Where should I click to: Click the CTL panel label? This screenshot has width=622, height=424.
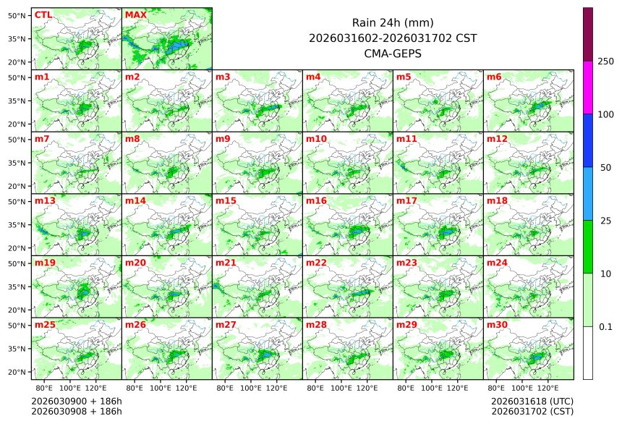43,14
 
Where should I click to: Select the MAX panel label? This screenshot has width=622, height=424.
135,14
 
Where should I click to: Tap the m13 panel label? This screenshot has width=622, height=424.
44,200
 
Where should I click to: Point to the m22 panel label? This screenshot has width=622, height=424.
315,263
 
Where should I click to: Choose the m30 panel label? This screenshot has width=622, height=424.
496,325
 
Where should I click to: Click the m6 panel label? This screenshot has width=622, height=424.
495,77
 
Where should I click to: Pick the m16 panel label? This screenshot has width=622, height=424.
315,200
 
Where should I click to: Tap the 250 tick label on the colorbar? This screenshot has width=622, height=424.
606,62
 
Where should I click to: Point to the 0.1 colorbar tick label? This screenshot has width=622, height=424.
605,327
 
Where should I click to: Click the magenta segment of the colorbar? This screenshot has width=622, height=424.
588,87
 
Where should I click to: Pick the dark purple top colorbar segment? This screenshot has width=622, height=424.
588,34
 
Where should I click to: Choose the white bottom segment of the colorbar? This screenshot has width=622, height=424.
588,352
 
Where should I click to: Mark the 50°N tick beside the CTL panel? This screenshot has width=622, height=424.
17,15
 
